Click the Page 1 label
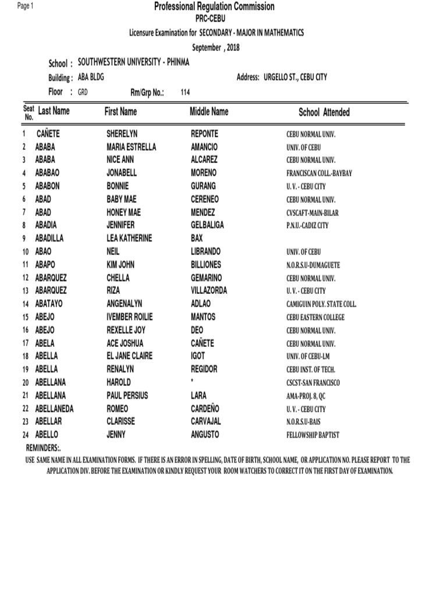pyautogui.click(x=26, y=5)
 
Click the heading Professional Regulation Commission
pyautogui.click(x=214, y=6)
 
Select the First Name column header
pyautogui.click(x=120, y=111)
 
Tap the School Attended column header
pyautogui.click(x=324, y=112)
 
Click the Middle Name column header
pyautogui.click(x=209, y=111)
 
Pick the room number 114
pyautogui.click(x=186, y=92)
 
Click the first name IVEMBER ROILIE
pyautogui.click(x=132, y=317)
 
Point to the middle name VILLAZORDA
pyautogui.click(x=209, y=290)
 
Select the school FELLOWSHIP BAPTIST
pyautogui.click(x=313, y=435)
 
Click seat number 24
pyautogui.click(x=25, y=435)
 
